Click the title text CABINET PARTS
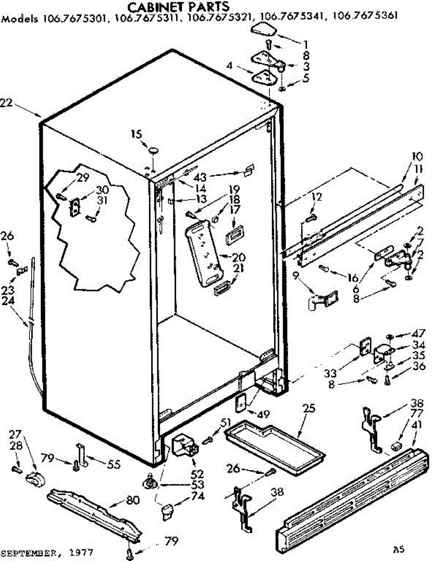(x=179, y=7)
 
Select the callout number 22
(x=6, y=103)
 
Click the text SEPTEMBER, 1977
(x=47, y=552)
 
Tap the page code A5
(x=398, y=548)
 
